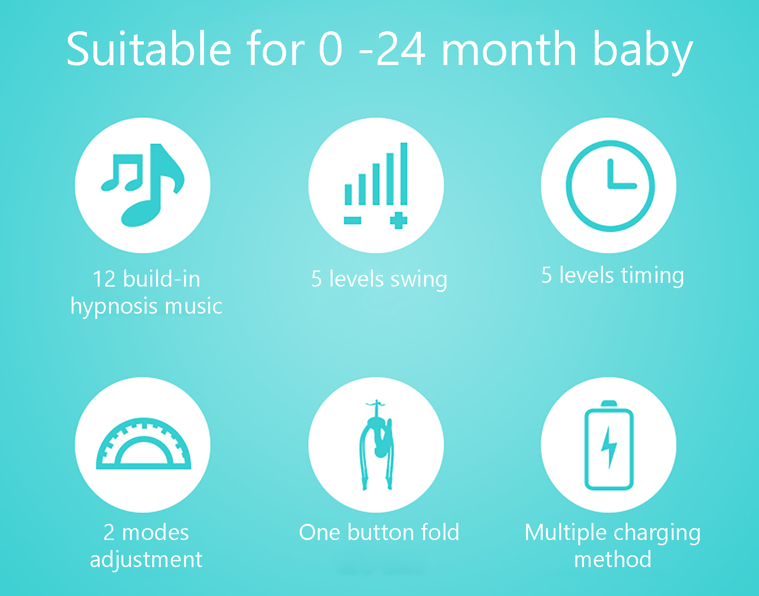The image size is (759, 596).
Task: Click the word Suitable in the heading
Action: click(x=149, y=48)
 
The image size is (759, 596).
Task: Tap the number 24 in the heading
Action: click(x=401, y=48)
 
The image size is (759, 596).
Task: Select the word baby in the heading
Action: click(x=643, y=52)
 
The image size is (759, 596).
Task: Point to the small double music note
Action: click(x=122, y=173)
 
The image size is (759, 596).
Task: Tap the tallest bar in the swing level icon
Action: click(x=404, y=174)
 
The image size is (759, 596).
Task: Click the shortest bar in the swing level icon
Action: click(x=348, y=194)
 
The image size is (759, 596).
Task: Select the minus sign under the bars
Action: click(x=352, y=220)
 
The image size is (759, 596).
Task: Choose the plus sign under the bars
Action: click(x=398, y=221)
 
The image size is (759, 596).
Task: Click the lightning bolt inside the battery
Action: click(x=609, y=447)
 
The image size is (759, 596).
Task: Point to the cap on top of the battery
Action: click(x=609, y=404)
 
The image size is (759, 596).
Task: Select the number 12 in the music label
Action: click(x=104, y=279)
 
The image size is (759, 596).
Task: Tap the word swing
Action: click(x=418, y=280)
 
